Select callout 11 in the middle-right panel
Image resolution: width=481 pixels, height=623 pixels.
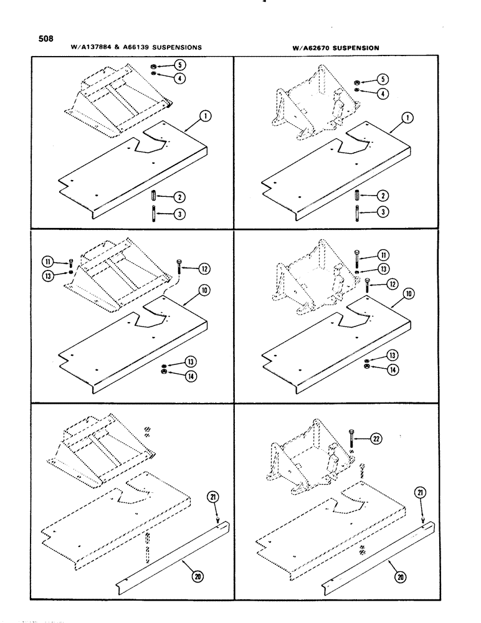pyautogui.click(x=382, y=255)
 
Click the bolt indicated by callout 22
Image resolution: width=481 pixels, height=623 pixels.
pyautogui.click(x=352, y=441)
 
